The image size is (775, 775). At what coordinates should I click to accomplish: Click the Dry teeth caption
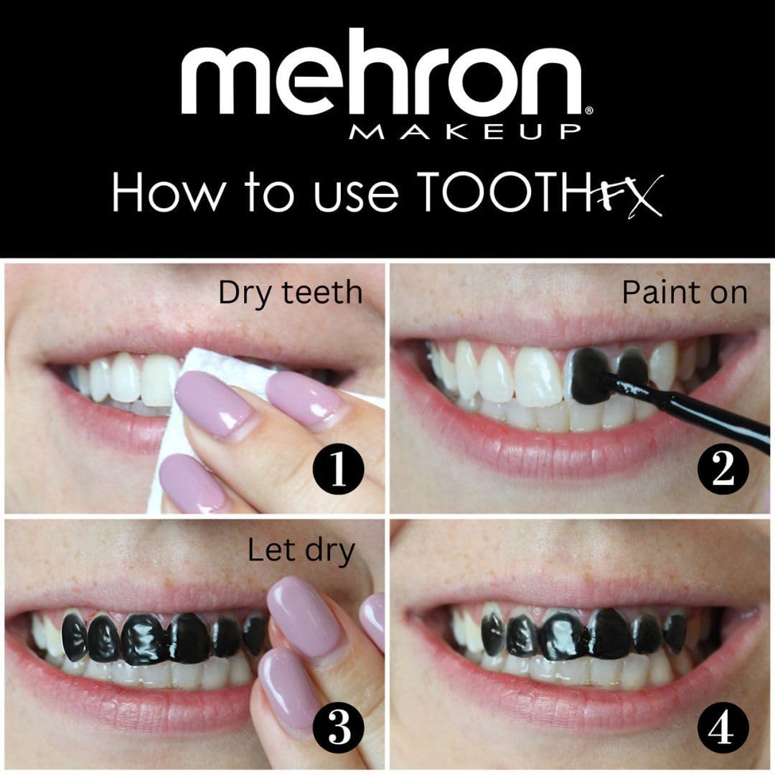[291, 293]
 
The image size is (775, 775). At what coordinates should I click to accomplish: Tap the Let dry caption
[301, 551]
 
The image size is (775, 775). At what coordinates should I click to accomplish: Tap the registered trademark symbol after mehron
[588, 111]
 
